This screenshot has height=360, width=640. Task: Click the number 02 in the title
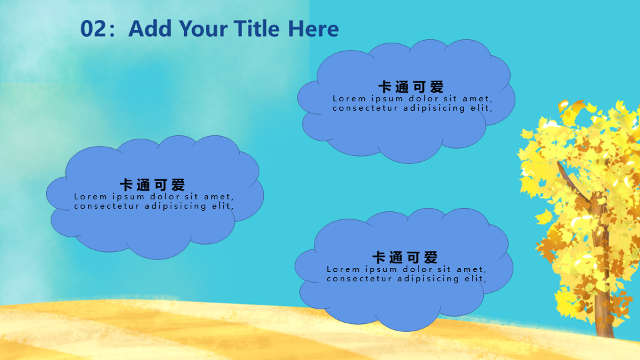(x=94, y=29)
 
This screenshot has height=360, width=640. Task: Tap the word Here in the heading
(x=313, y=29)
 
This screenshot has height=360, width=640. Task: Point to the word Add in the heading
(x=150, y=29)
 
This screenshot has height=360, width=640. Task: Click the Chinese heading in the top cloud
(x=411, y=87)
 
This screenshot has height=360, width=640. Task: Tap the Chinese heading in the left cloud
(x=152, y=185)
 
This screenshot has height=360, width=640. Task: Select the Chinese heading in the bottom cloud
(x=405, y=257)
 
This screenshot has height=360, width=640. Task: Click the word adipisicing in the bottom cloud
(x=428, y=279)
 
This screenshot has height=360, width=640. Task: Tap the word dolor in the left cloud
(x=165, y=196)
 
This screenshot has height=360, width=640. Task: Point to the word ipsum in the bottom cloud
(x=381, y=269)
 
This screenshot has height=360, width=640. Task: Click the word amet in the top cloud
(x=477, y=99)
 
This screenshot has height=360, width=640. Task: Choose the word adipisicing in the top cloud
(x=434, y=108)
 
